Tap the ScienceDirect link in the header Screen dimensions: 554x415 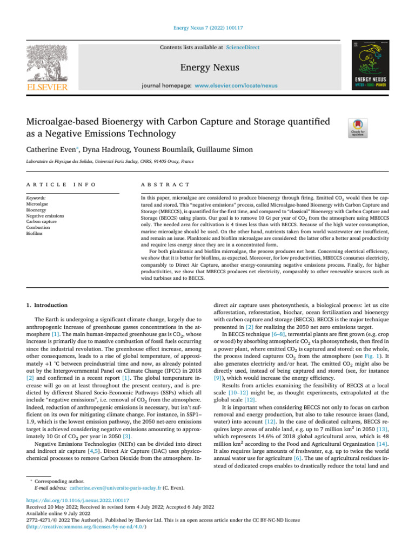[243, 48]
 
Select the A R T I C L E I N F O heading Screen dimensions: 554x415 [61, 184]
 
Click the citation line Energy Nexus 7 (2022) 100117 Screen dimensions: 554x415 [207, 27]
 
